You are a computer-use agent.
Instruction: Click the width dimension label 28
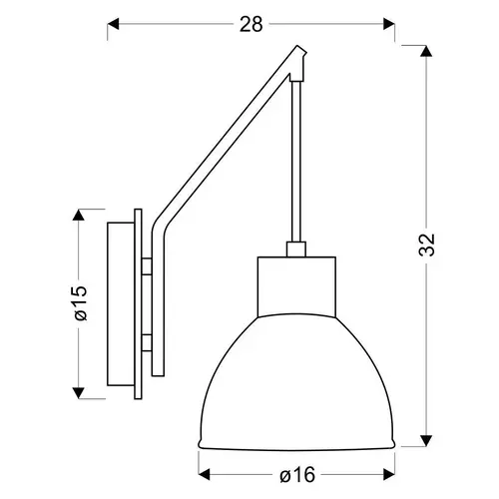coord(251,24)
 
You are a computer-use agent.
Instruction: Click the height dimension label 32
coord(427,245)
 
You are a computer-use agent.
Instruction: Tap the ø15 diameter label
coord(81,302)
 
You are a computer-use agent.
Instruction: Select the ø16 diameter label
coord(297,475)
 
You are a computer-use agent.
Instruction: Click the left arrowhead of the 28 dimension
coord(113,24)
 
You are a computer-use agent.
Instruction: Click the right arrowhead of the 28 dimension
coord(389,24)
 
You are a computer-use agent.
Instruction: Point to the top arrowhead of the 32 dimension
coord(426,51)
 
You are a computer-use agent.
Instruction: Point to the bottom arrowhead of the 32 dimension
coord(426,441)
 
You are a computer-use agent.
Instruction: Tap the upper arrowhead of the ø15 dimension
coord(78,215)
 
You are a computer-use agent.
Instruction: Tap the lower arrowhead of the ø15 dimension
coord(78,393)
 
